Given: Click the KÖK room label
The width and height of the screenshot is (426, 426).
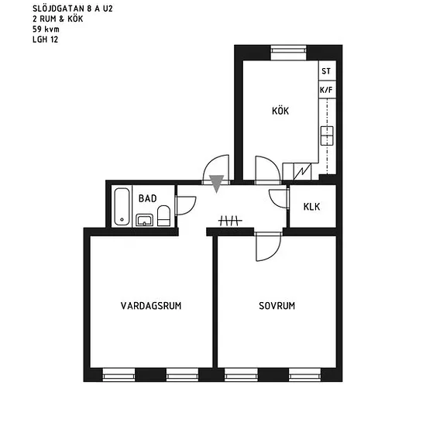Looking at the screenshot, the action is pyautogui.click(x=280, y=111).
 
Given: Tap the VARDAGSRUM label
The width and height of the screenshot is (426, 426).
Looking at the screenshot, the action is pyautogui.click(x=151, y=306).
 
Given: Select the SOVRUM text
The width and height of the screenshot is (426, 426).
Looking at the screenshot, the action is pyautogui.click(x=277, y=306).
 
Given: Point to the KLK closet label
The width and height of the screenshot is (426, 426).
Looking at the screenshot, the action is pyautogui.click(x=311, y=207).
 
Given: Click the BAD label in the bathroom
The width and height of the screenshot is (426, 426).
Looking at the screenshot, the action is pyautogui.click(x=147, y=198).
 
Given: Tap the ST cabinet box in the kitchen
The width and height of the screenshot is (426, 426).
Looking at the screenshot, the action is pyautogui.click(x=327, y=70).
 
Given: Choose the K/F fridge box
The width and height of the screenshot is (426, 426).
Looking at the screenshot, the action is pyautogui.click(x=327, y=89).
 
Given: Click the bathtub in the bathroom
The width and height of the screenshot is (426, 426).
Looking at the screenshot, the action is pyautogui.click(x=122, y=207).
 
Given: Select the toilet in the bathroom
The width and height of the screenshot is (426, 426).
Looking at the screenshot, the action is pyautogui.click(x=164, y=216).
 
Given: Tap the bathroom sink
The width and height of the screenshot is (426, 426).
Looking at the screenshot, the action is pyautogui.click(x=144, y=220).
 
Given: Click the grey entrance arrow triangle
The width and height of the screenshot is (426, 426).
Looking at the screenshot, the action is pyautogui.click(x=216, y=184).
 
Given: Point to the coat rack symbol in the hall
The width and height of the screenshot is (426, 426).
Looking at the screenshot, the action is pyautogui.click(x=230, y=221).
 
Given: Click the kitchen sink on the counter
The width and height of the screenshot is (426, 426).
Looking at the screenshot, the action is pyautogui.click(x=327, y=136).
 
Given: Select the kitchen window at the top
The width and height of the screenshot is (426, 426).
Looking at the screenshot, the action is pyautogui.click(x=289, y=53).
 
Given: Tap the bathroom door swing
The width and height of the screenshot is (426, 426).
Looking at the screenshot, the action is pyautogui.click(x=192, y=208).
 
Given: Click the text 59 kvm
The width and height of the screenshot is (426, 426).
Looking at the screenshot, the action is pyautogui.click(x=46, y=29).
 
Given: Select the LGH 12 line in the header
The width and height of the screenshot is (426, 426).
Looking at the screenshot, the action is pyautogui.click(x=46, y=40).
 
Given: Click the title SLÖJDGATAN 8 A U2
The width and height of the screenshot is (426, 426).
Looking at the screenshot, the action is pyautogui.click(x=73, y=9).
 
